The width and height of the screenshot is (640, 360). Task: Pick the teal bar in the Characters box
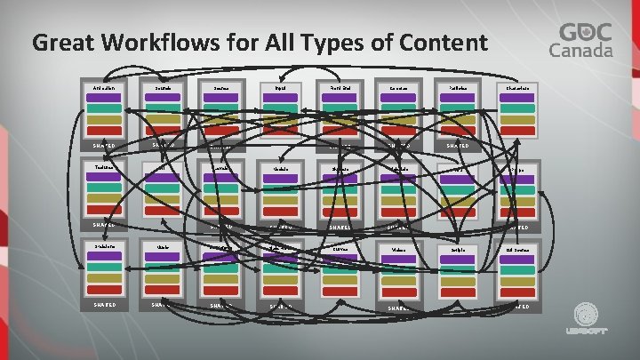click(x=516, y=109)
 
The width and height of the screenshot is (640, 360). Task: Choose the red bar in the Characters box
click(x=516, y=130)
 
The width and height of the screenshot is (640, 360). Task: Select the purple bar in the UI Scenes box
click(x=516, y=258)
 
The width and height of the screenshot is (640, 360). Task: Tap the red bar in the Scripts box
click(x=459, y=289)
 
